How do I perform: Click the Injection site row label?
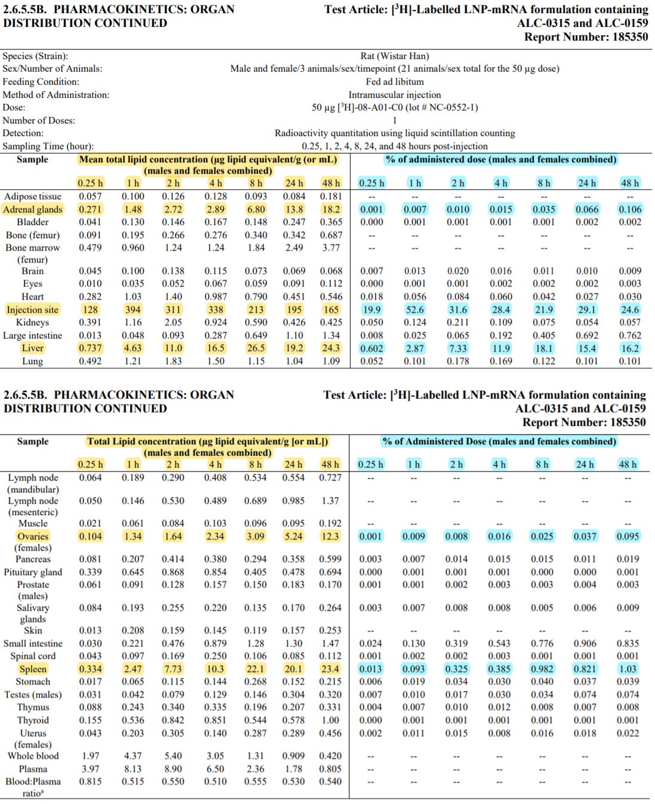coord(32,310)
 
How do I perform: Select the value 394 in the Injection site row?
coord(133,310)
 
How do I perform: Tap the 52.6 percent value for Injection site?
coord(414,310)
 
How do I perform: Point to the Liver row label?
coord(32,348)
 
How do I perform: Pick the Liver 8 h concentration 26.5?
coord(256,348)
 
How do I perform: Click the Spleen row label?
coord(32,669)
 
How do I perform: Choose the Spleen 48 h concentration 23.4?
coord(330,669)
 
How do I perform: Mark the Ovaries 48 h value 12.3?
coord(330,537)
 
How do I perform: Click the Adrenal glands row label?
coord(32,210)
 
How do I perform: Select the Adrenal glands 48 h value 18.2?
coord(331,210)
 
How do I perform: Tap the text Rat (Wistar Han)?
coord(395,56)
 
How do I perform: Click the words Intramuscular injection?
coord(395,95)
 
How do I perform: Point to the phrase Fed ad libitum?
coord(395,82)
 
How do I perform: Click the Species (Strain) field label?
coord(35,56)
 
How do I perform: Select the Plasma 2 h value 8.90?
coord(173,769)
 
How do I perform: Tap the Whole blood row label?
coord(33,756)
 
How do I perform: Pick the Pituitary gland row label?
coord(33,572)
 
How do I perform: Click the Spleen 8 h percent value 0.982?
coord(542,669)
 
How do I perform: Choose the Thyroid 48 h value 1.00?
coord(330,720)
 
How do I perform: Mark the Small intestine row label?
coord(33,643)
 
